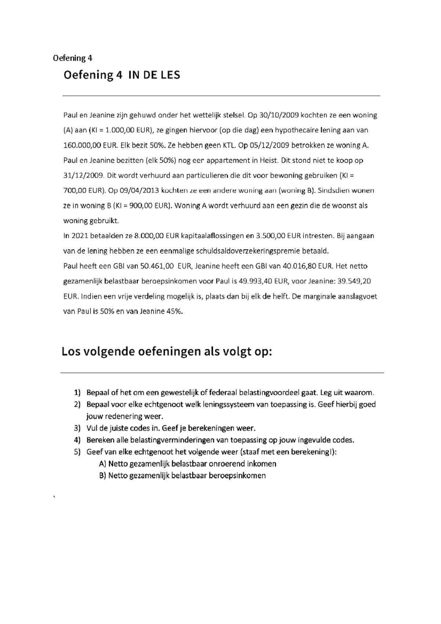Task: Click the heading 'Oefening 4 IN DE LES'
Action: coord(122,75)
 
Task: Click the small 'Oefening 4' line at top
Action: coord(72,58)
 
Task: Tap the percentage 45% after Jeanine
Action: coord(174,312)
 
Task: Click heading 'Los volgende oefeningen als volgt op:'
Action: coord(167,352)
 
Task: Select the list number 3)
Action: coord(77,428)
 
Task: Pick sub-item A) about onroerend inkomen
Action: coord(187,464)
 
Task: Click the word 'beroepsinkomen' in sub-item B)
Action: coord(237,476)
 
